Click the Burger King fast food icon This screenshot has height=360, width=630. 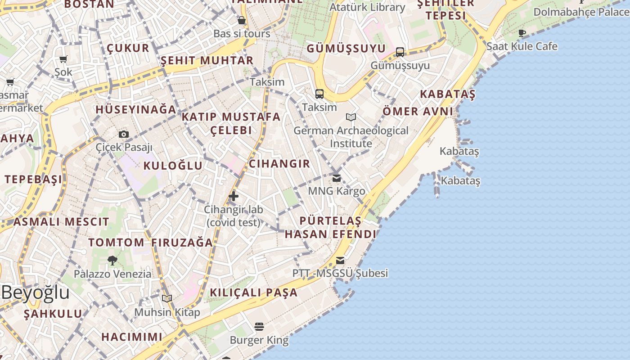[259, 326]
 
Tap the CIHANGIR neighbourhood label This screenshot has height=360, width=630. [279, 164]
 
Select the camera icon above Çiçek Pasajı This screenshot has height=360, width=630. [124, 134]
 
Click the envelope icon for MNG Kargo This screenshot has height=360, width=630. [337, 178]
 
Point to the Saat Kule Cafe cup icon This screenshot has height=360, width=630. [522, 33]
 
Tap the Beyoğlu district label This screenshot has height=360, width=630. [35, 292]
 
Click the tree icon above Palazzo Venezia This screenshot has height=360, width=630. [112, 260]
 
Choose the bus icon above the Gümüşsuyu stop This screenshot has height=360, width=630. [400, 52]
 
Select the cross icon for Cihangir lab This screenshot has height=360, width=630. [234, 196]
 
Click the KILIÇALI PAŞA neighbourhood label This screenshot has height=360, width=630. [254, 292]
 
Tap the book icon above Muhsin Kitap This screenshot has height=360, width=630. [167, 298]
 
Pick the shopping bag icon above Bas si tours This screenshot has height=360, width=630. [242, 20]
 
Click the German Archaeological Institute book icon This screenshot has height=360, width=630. [351, 117]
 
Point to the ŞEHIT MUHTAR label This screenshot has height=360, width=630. [207, 60]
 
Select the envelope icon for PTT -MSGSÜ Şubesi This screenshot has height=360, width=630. [340, 260]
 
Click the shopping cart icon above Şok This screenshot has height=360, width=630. [63, 59]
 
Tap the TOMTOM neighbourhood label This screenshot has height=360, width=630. [116, 243]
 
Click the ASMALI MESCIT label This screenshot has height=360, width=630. [61, 221]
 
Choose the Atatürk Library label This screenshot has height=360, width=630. [367, 7]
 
